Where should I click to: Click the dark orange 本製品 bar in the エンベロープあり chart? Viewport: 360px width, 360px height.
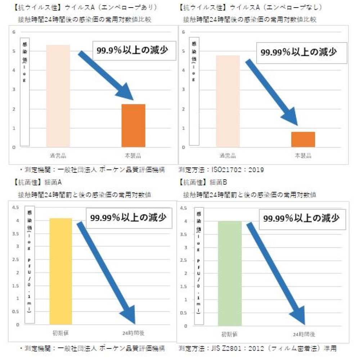(x=133, y=125)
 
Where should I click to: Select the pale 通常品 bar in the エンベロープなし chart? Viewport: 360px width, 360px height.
(x=228, y=101)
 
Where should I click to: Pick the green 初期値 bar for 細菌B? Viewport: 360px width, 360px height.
(x=230, y=273)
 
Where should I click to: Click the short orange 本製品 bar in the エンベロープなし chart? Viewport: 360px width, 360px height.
(x=303, y=139)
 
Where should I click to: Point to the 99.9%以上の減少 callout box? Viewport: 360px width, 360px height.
(x=132, y=51)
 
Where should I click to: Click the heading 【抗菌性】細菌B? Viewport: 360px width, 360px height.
(x=203, y=182)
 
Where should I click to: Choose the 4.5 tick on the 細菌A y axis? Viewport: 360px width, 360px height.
(x=15, y=207)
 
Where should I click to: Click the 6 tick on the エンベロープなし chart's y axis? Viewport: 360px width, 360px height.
(x=184, y=32)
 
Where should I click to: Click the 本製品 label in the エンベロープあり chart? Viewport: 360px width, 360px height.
(x=133, y=156)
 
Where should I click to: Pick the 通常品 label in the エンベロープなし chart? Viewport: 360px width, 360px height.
(x=228, y=156)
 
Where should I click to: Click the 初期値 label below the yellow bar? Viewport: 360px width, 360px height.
(x=61, y=333)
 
